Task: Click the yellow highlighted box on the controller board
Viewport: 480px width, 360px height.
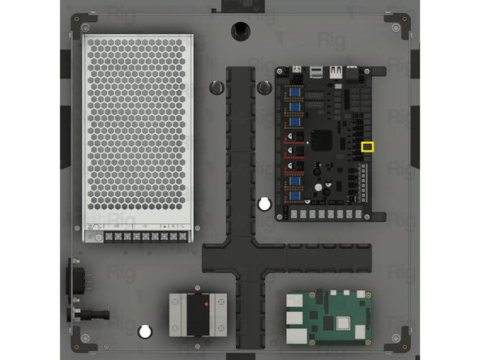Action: point(367,147)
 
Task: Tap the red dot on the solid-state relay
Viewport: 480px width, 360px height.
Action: point(208,303)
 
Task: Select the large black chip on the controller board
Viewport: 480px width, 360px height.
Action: point(323,139)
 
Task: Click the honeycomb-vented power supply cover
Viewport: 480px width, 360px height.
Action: point(138,130)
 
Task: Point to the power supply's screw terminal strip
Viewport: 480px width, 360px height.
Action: point(138,237)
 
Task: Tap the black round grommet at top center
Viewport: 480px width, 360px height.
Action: point(240,29)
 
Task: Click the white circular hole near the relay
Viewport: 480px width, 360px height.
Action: point(145,331)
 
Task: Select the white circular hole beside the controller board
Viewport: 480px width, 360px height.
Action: point(264,204)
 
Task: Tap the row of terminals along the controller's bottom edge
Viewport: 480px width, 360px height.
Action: point(328,214)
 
